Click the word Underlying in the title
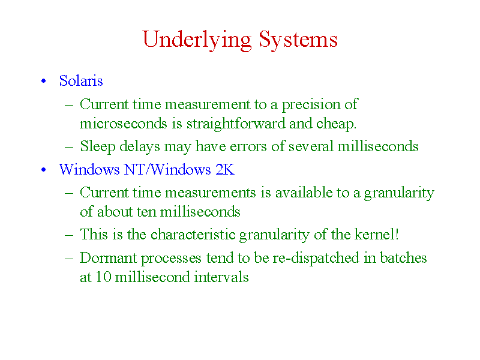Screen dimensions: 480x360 [197, 40]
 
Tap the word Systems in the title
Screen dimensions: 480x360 [298, 40]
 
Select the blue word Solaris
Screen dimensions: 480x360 [81, 81]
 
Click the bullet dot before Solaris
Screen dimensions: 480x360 [43, 81]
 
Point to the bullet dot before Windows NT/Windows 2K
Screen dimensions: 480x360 [43, 170]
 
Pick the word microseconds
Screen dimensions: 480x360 [124, 124]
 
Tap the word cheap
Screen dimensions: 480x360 [336, 124]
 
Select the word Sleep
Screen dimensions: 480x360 [98, 146]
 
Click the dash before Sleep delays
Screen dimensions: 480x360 [69, 147]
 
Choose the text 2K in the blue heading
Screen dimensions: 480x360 [224, 169]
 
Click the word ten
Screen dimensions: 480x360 [146, 212]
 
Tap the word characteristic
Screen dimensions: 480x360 [193, 234]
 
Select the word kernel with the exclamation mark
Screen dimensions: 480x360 [377, 234]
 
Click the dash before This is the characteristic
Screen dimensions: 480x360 [69, 235]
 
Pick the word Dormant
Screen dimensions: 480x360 [109, 258]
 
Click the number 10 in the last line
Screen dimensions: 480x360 [103, 277]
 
